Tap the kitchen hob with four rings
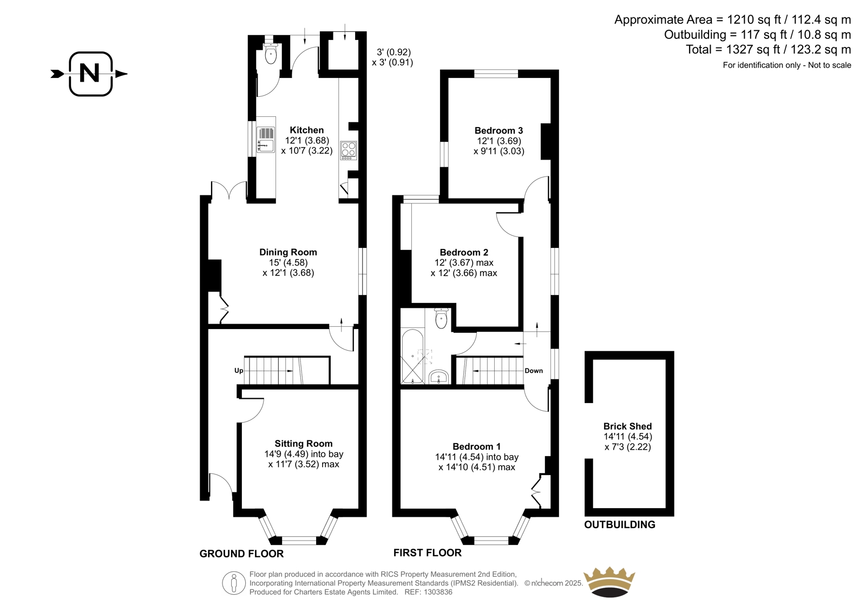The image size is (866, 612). coord(349,150)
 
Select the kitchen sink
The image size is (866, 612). coord(266,139)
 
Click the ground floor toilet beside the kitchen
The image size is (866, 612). coord(271,54)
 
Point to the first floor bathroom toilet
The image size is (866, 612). coord(441,318)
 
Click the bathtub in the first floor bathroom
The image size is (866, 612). coord(412,356)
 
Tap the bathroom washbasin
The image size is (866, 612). coord(439,377)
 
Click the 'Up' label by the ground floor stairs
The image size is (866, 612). coord(239,370)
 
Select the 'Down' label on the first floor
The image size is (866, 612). coord(534,370)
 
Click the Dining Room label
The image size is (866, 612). coord(288,252)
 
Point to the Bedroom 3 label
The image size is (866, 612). coord(498,130)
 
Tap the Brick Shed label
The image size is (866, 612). coord(627,426)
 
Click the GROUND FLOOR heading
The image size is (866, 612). coord(241,554)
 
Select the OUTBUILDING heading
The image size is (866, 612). coord(620,525)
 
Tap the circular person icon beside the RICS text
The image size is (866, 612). coord(234,583)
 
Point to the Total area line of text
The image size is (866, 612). coord(768,49)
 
